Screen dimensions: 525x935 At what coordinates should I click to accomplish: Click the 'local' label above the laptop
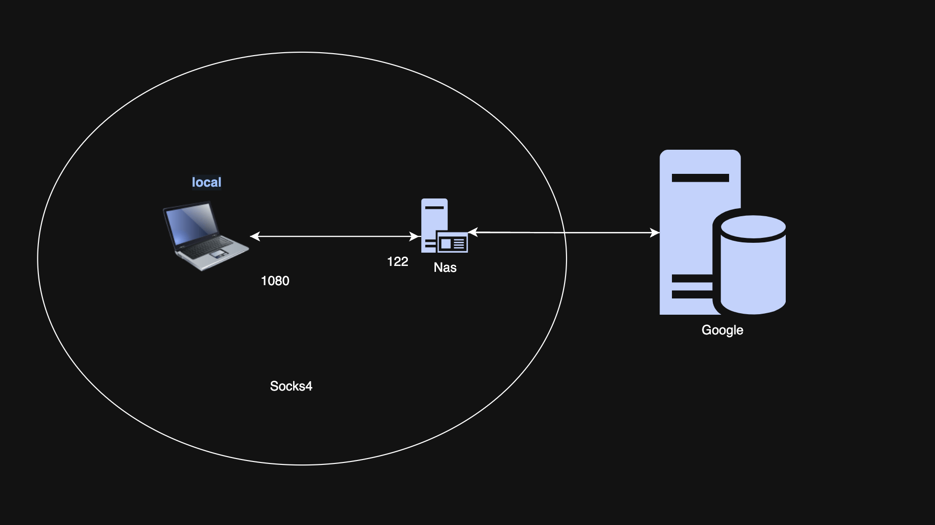[x=206, y=182]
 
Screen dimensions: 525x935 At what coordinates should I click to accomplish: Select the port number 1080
[x=275, y=281]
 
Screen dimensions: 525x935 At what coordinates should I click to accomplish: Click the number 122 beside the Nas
[x=398, y=262]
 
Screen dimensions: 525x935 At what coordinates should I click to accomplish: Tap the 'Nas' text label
[x=445, y=267]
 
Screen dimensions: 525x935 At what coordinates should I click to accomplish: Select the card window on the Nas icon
[x=452, y=243]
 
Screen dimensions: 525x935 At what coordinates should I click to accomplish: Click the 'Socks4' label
[x=291, y=386]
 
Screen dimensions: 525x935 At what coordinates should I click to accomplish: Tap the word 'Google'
[x=722, y=330]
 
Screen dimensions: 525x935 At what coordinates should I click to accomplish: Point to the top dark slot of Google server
[x=700, y=178]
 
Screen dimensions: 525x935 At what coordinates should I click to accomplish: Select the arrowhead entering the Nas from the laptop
[x=415, y=236]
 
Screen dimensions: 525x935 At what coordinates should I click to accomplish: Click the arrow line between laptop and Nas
[x=335, y=236]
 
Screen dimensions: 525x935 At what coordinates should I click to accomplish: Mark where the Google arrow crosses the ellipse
[x=566, y=232]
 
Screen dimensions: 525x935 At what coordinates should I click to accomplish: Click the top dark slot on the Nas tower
[x=434, y=207]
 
